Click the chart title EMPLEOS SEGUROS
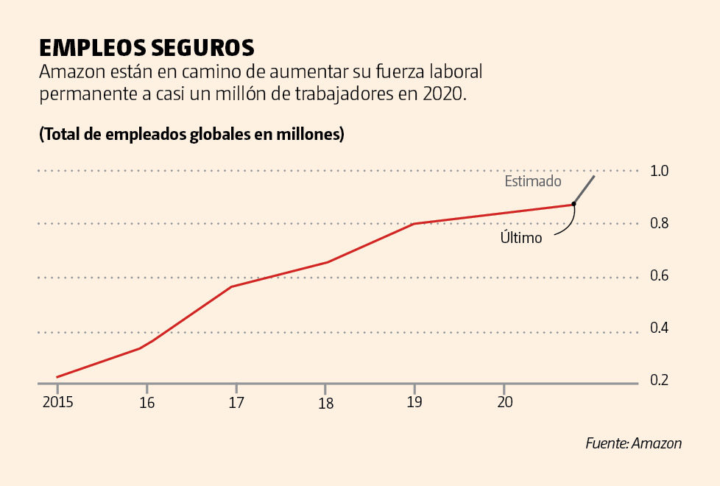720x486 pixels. click(x=147, y=48)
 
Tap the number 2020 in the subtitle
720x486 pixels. click(x=444, y=94)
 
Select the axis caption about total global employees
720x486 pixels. click(x=191, y=135)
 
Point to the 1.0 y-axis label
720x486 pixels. click(x=659, y=171)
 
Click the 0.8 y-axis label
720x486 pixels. click(x=659, y=223)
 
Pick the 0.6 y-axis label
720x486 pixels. click(x=659, y=276)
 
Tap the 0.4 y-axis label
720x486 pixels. click(x=659, y=328)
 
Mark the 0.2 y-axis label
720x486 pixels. click(x=659, y=381)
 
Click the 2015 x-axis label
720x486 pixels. click(x=57, y=402)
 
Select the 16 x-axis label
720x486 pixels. click(x=147, y=403)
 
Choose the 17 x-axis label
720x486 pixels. click(x=236, y=403)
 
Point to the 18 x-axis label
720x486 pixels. click(x=325, y=403)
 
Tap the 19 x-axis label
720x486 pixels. click(x=414, y=403)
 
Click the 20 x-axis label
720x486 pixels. click(x=504, y=402)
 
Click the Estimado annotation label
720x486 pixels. click(x=533, y=181)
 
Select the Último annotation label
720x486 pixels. click(x=521, y=238)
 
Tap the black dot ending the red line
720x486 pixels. click(x=573, y=204)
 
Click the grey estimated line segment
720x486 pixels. click(x=585, y=189)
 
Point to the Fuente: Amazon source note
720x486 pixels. click(x=633, y=443)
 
